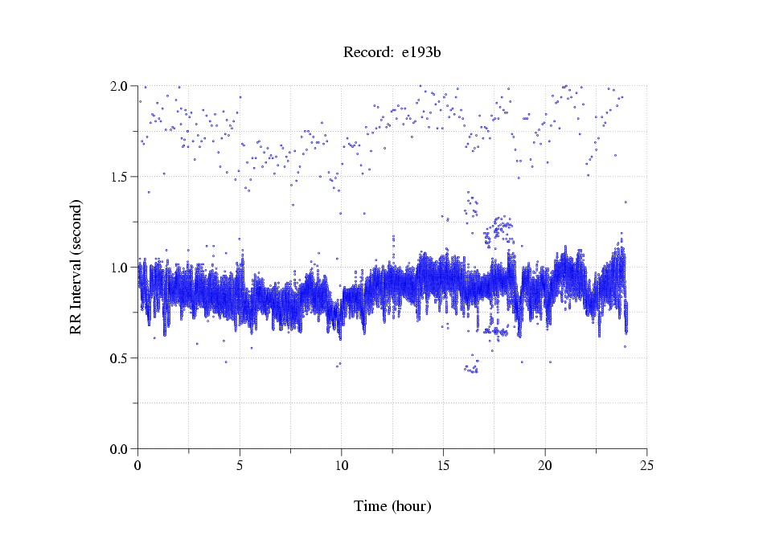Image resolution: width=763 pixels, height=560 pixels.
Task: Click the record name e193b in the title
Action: click(421, 53)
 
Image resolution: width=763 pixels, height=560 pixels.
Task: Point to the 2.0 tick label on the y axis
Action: click(121, 86)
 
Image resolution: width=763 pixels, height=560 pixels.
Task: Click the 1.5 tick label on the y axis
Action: click(121, 177)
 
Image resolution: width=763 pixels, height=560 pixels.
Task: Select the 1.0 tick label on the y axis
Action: click(121, 268)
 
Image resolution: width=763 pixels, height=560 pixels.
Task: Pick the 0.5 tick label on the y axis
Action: click(121, 358)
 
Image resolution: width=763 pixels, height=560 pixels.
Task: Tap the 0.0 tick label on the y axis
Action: click(121, 449)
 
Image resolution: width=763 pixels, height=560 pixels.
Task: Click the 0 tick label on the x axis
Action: click(138, 464)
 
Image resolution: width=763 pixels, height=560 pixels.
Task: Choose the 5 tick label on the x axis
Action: click(240, 464)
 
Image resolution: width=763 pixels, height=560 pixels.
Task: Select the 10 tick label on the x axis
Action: click(342, 464)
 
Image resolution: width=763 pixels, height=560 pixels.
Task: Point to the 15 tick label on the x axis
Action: click(443, 464)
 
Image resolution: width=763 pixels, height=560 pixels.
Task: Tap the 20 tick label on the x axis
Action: click(545, 464)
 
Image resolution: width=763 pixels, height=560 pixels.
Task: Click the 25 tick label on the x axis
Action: click(646, 464)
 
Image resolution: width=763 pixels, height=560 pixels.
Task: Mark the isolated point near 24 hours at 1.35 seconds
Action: click(625, 202)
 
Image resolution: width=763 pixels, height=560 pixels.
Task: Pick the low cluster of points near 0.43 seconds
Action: click(471, 370)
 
